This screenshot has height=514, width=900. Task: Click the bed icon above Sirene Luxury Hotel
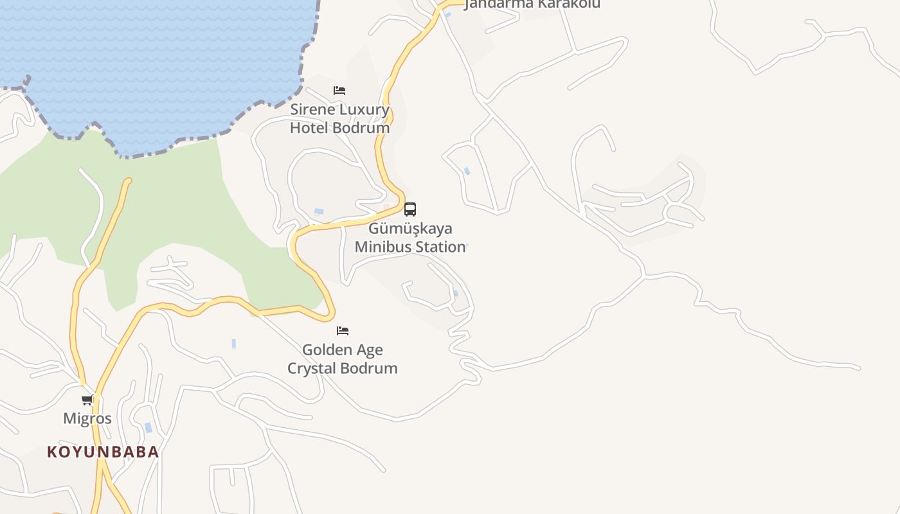click(x=339, y=91)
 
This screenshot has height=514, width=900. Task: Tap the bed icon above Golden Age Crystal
click(x=343, y=331)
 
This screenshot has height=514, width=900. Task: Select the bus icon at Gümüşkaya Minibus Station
click(x=410, y=209)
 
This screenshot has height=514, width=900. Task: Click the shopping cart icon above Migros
click(x=87, y=400)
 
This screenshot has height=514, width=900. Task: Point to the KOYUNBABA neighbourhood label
click(x=103, y=452)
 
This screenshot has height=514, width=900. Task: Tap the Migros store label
click(x=87, y=419)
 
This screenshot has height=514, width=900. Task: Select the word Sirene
click(x=312, y=109)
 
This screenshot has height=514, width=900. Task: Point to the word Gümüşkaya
click(x=410, y=229)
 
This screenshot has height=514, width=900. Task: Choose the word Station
click(x=440, y=247)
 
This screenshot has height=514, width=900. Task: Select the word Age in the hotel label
click(x=368, y=350)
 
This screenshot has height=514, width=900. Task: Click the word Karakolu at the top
click(x=568, y=4)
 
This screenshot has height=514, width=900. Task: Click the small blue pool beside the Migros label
click(x=148, y=427)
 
